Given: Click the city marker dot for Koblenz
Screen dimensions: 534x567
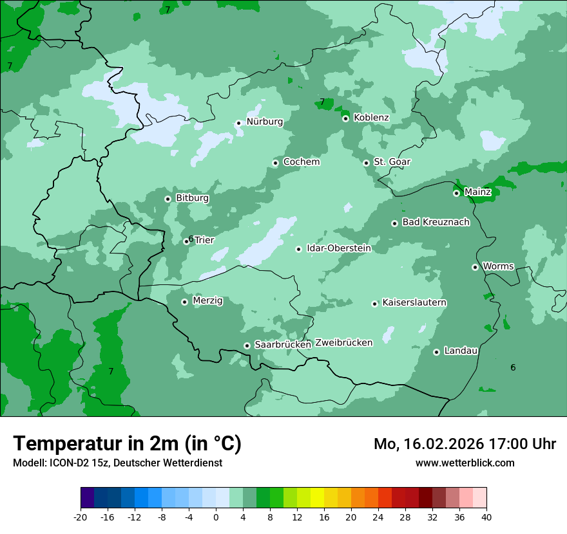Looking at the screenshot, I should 346,118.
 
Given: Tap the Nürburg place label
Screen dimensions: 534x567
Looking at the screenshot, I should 264,122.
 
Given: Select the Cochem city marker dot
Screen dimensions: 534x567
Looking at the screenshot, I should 276,163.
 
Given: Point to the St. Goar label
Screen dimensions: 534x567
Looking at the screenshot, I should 392,162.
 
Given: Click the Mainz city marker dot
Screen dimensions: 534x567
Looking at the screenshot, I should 457,193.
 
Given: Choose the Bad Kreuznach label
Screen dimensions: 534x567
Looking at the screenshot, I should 436,223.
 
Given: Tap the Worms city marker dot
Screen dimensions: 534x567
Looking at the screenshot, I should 476,267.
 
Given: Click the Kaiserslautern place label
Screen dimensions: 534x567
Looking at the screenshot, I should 414,303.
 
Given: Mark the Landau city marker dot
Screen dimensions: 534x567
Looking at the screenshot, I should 437,352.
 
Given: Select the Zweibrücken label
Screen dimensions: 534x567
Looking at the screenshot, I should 343,343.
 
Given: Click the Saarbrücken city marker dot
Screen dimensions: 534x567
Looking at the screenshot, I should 247,345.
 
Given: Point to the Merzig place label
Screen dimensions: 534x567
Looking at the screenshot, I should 207,301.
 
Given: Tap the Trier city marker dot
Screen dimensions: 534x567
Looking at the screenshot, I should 187,242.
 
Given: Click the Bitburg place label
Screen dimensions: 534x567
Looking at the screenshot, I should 192,198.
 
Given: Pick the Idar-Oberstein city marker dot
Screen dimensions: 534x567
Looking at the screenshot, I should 299,249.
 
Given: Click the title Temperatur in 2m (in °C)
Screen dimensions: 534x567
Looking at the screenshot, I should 128,443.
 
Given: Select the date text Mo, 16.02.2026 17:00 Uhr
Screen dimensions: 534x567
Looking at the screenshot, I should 465,444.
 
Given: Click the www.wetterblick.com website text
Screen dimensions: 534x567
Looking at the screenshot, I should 465,463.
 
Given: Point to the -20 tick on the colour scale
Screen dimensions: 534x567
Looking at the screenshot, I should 81,517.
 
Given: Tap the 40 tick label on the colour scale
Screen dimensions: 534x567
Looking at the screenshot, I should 486,517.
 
